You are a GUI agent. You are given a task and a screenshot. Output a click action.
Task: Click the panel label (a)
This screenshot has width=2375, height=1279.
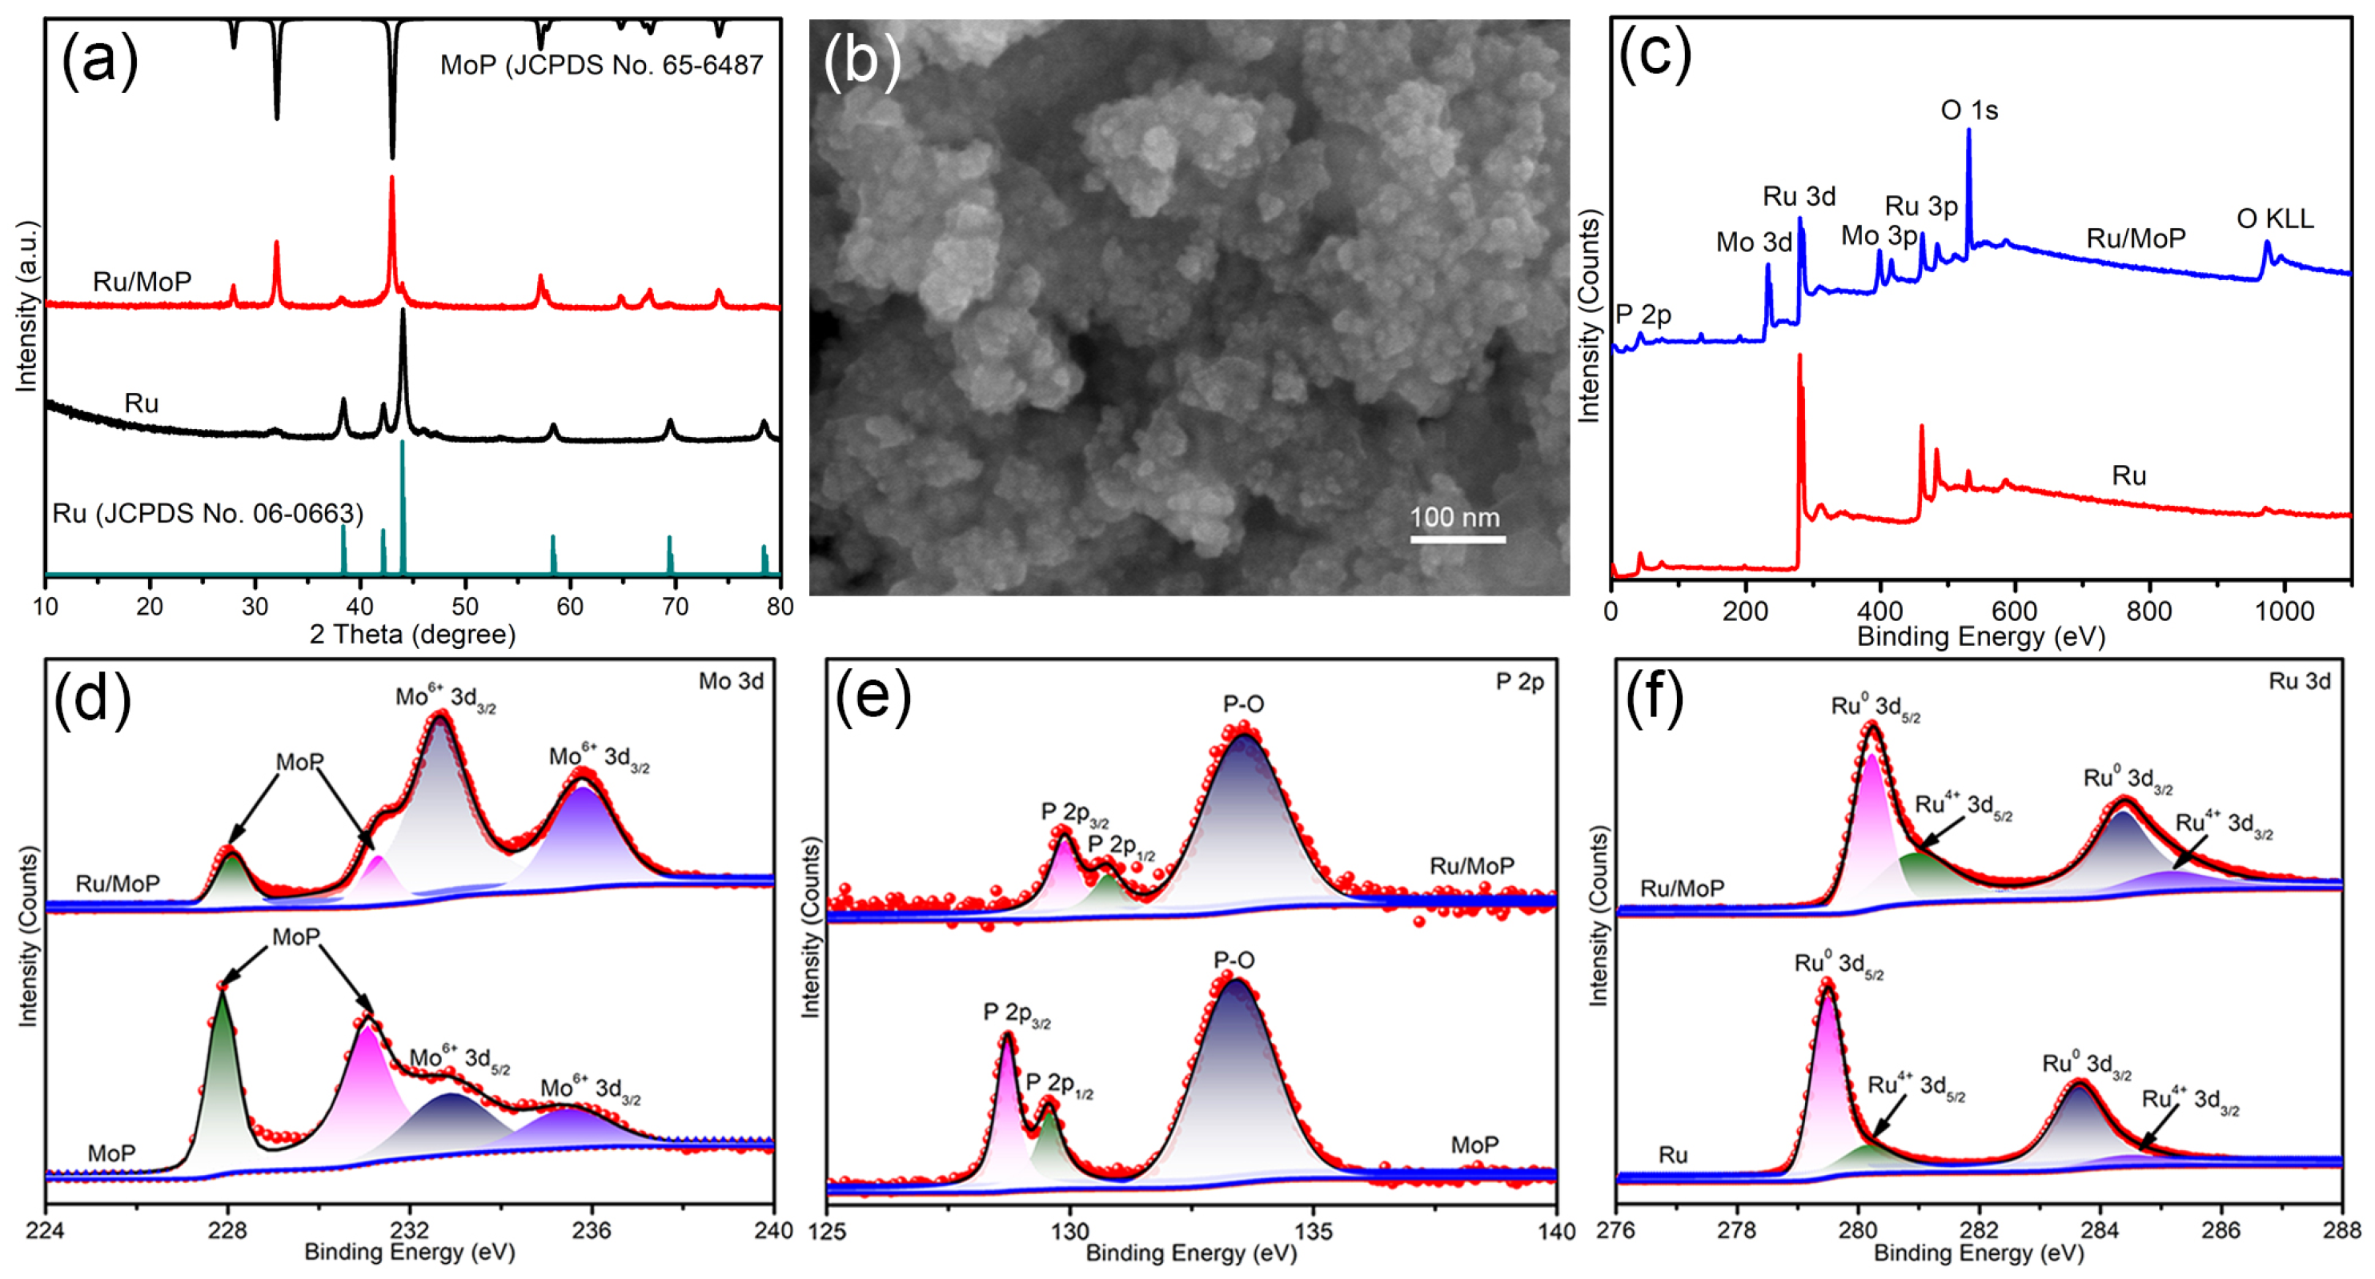[99, 60]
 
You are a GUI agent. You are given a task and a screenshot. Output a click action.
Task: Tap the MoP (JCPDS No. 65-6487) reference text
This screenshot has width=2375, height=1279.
[601, 66]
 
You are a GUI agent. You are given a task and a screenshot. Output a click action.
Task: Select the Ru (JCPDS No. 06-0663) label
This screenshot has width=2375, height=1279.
[207, 513]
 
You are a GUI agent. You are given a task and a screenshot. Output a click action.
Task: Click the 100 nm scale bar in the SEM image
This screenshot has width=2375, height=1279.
[1457, 538]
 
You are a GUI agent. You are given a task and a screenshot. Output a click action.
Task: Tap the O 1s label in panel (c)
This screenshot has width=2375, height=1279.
[1968, 110]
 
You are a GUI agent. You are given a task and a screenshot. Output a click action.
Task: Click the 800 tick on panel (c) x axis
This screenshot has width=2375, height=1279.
[2149, 611]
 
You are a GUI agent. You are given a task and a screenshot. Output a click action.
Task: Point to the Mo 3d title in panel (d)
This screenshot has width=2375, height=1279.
[730, 681]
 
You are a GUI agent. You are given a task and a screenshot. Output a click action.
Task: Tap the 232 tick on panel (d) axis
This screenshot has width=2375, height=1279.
[409, 1231]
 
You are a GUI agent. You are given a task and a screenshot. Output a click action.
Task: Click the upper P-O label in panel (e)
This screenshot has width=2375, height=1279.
[1243, 704]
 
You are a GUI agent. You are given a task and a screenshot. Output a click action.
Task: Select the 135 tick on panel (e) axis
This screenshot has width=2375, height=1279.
[1313, 1231]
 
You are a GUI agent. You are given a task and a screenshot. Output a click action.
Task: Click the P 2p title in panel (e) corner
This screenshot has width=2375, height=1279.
[1519, 681]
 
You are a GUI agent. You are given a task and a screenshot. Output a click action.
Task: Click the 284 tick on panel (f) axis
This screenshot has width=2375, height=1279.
[2100, 1231]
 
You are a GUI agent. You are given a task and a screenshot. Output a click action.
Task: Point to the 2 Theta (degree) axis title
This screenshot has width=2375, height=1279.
[412, 635]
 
